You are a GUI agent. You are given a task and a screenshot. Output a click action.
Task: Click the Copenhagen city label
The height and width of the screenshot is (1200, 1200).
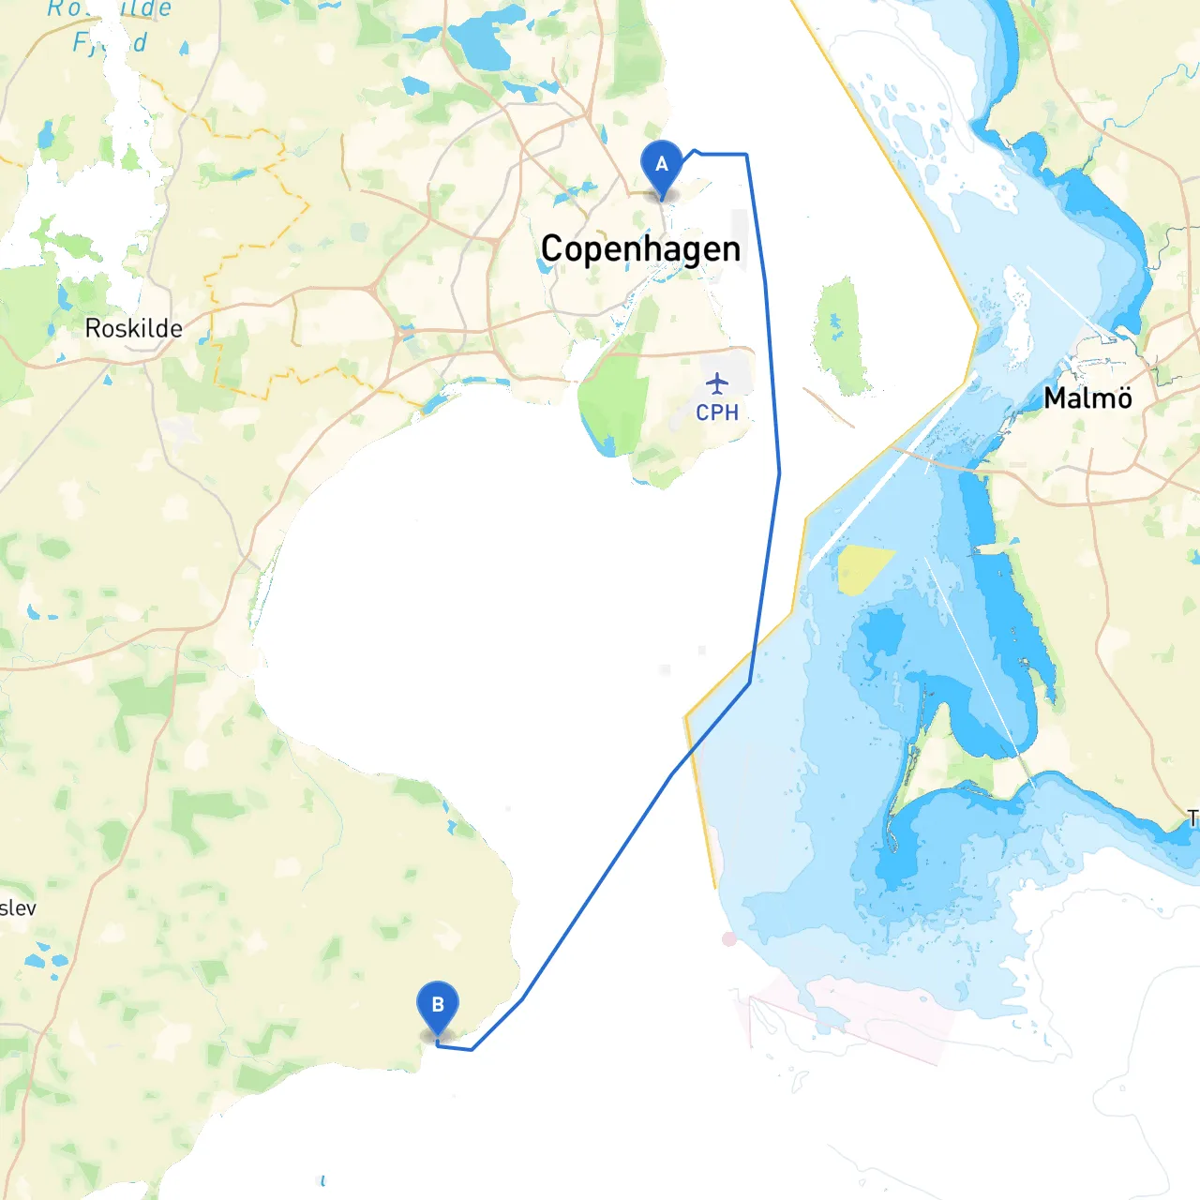(640, 249)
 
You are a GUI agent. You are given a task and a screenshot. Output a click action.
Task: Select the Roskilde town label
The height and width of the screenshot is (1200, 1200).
(133, 328)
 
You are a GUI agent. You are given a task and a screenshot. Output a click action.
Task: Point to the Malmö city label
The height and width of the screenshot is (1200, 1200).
(1087, 398)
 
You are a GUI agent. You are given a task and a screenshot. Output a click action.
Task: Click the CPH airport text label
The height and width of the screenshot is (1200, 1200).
(717, 412)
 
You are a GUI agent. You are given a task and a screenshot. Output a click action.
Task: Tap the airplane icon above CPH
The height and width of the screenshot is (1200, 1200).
(717, 383)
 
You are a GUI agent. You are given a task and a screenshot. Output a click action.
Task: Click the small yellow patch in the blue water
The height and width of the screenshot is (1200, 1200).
(862, 566)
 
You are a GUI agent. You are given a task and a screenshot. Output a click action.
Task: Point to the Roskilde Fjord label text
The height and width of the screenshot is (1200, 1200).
(111, 26)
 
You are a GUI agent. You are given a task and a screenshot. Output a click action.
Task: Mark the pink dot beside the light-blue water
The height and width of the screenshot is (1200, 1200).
(729, 938)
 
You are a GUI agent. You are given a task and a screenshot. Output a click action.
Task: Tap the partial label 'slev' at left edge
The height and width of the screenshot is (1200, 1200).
(18, 907)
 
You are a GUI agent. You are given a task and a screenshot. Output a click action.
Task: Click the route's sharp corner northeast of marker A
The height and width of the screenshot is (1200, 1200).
(746, 155)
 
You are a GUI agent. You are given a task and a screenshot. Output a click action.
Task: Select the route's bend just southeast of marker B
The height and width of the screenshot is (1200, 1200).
(472, 1049)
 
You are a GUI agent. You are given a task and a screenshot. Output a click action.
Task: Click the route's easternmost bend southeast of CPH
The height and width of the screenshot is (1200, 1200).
(779, 473)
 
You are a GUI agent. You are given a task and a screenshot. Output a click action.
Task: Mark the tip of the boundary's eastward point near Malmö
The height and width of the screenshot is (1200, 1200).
(979, 328)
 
